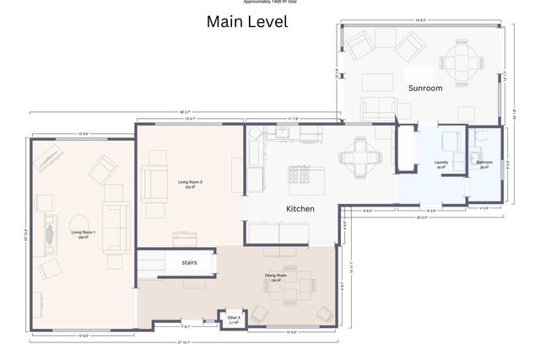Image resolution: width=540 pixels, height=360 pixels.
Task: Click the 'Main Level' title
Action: point(247,22)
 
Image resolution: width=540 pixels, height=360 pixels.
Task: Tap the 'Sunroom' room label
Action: point(425,88)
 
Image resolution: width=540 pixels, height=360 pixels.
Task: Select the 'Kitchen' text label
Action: point(300,208)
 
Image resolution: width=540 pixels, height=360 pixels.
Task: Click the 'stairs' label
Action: point(189,262)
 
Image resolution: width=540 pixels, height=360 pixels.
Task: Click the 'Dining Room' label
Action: point(276,277)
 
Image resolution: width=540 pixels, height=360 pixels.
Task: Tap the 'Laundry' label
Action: point(440,164)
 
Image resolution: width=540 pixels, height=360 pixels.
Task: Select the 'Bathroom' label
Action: point(484,164)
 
